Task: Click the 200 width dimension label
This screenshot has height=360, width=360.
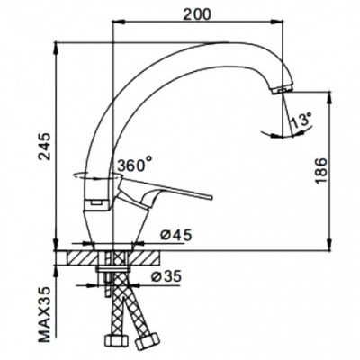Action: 197,14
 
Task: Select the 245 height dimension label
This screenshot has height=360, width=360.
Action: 46,147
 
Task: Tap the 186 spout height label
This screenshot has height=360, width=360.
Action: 320,171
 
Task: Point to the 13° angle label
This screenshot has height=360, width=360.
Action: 301,121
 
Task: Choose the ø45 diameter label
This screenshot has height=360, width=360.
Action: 175,235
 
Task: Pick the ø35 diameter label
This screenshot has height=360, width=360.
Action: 166,276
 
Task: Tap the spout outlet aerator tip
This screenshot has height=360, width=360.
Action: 282,90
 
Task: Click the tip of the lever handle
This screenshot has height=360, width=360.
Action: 211,197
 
